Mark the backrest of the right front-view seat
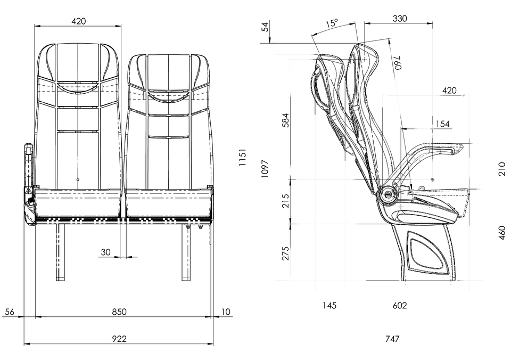tap(168, 141)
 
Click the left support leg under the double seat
tap(57, 250)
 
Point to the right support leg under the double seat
tap(187, 250)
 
